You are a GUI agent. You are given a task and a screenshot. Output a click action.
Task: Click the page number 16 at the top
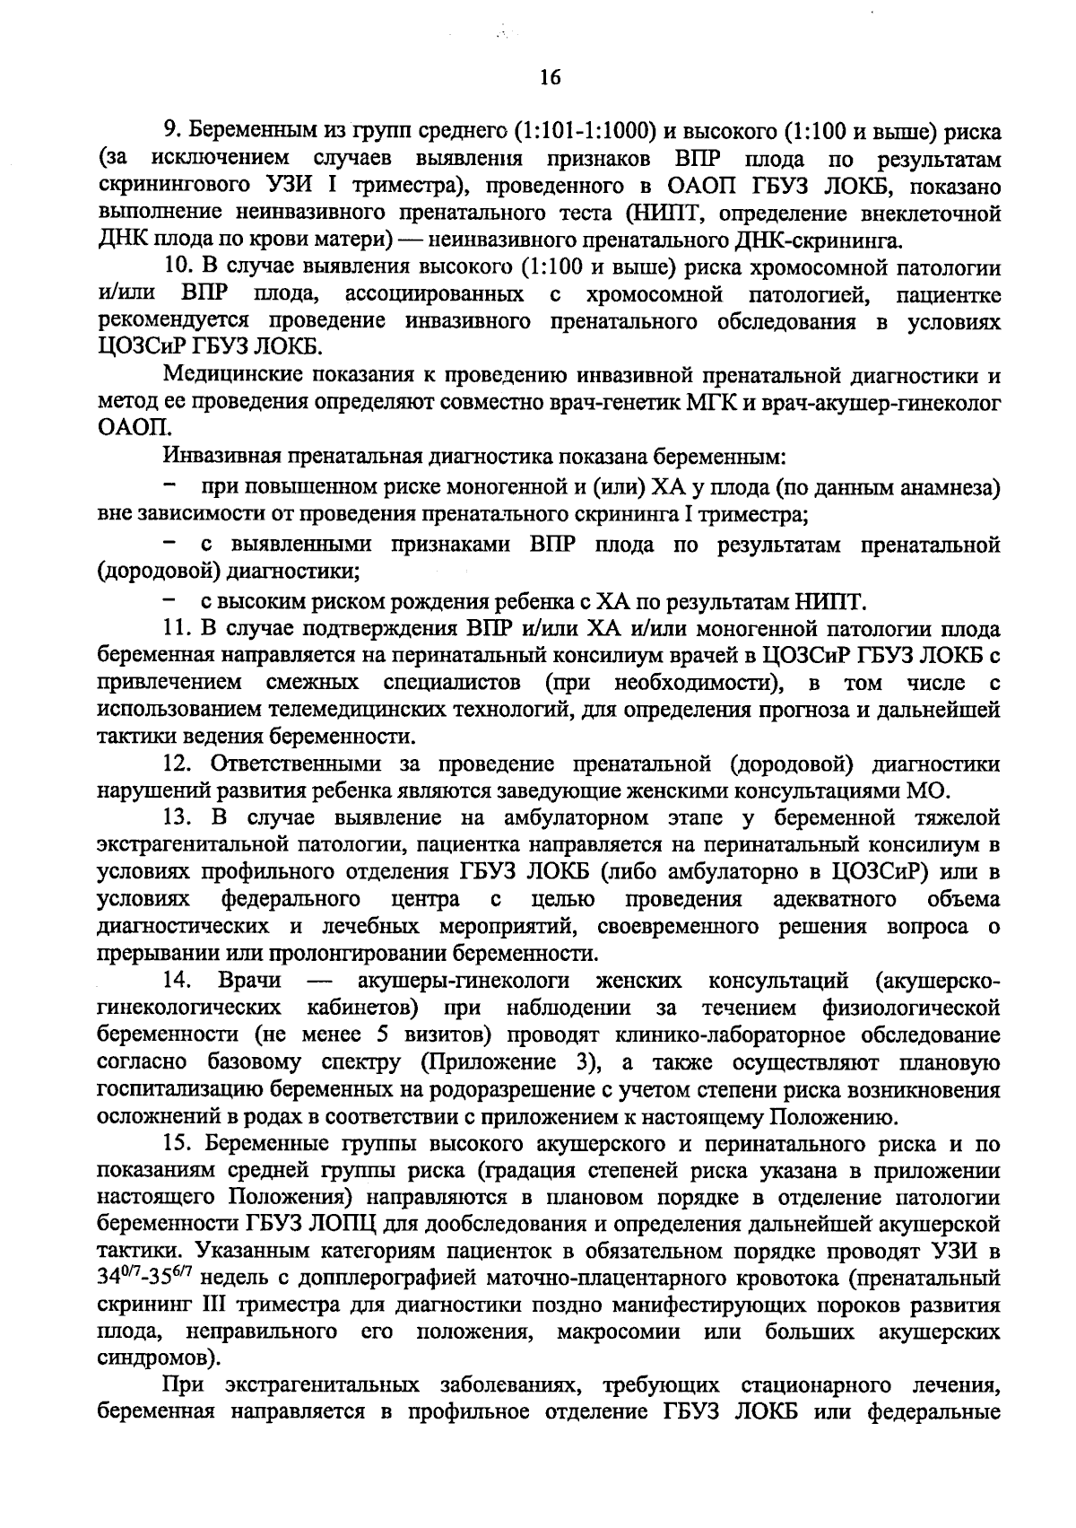pos(550,78)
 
